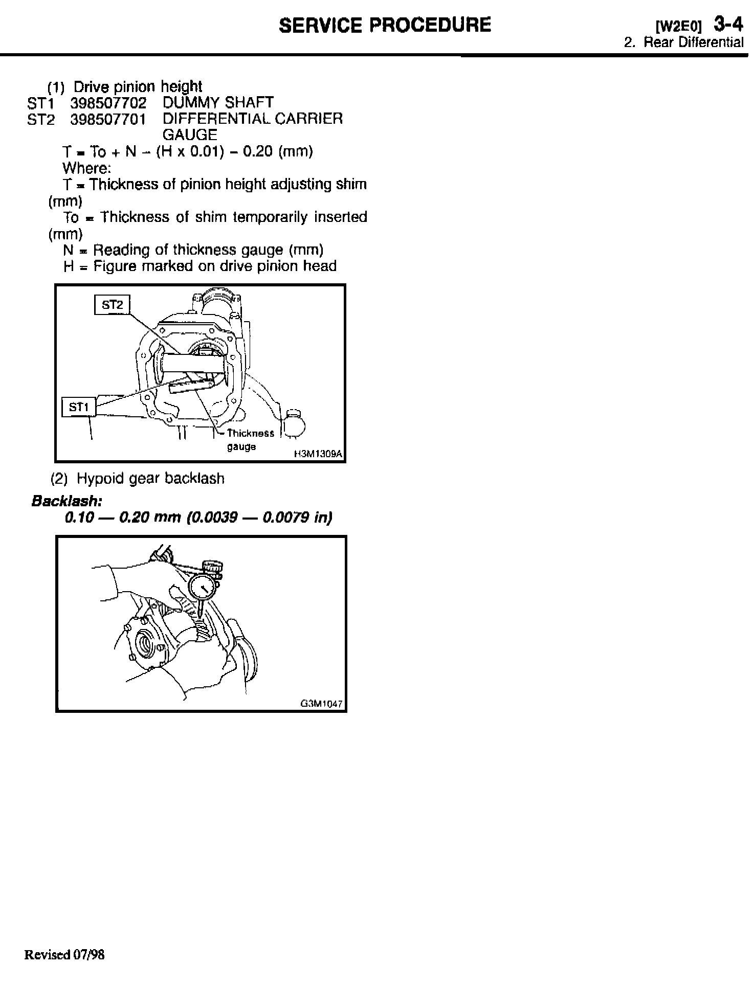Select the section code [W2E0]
pyautogui.click(x=679, y=26)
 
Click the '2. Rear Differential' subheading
pyautogui.click(x=683, y=42)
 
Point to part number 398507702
pyautogui.click(x=108, y=103)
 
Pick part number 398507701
pyautogui.click(x=108, y=120)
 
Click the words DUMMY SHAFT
pyautogui.click(x=218, y=103)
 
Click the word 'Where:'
pyautogui.click(x=86, y=168)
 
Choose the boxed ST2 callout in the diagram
pyautogui.click(x=113, y=305)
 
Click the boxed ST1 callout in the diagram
pyautogui.click(x=79, y=407)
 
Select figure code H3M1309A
pyautogui.click(x=318, y=454)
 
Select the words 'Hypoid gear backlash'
pyautogui.click(x=150, y=479)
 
